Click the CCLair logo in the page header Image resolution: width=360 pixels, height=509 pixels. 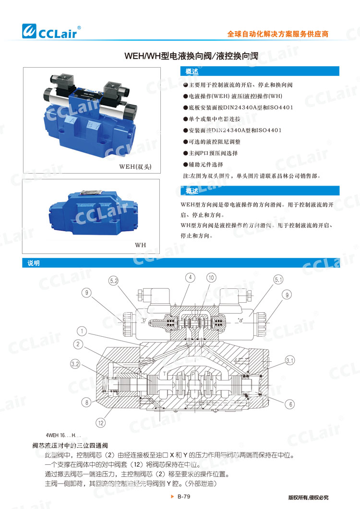[x=52, y=31]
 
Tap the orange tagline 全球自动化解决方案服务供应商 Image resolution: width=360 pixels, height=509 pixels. [x=277, y=35]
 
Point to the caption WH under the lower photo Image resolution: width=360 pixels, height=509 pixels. [x=140, y=245]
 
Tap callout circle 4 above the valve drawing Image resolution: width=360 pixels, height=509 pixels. [x=191, y=277]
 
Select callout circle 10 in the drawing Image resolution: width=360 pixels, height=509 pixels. [x=212, y=277]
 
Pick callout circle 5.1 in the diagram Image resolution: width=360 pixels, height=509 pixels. [x=279, y=280]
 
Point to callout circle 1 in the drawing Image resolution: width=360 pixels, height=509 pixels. [x=83, y=331]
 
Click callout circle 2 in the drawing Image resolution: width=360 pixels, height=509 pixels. [x=78, y=344]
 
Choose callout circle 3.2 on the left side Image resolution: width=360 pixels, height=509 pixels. [x=75, y=365]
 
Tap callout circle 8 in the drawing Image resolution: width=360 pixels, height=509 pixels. [x=86, y=402]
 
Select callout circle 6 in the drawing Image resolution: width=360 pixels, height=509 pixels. [x=290, y=404]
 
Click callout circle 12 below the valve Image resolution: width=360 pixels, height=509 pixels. [x=100, y=423]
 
